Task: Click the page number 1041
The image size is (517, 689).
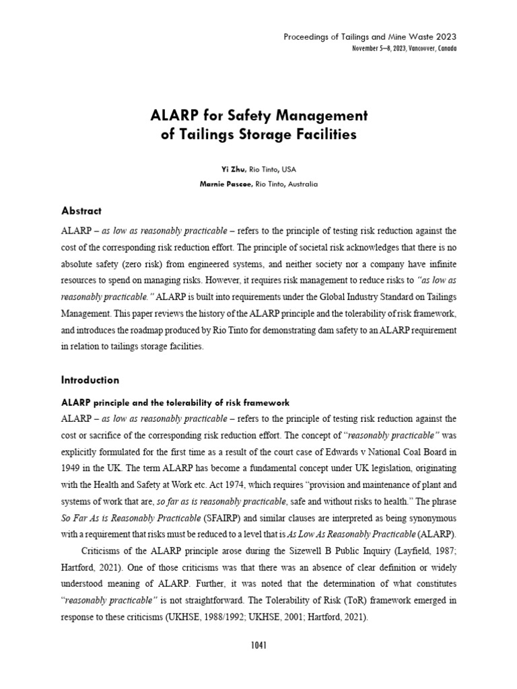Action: tap(258, 645)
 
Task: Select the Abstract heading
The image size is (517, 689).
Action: tap(81, 211)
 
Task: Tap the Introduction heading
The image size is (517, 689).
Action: tap(90, 379)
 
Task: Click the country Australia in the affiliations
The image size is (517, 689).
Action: tap(300, 184)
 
